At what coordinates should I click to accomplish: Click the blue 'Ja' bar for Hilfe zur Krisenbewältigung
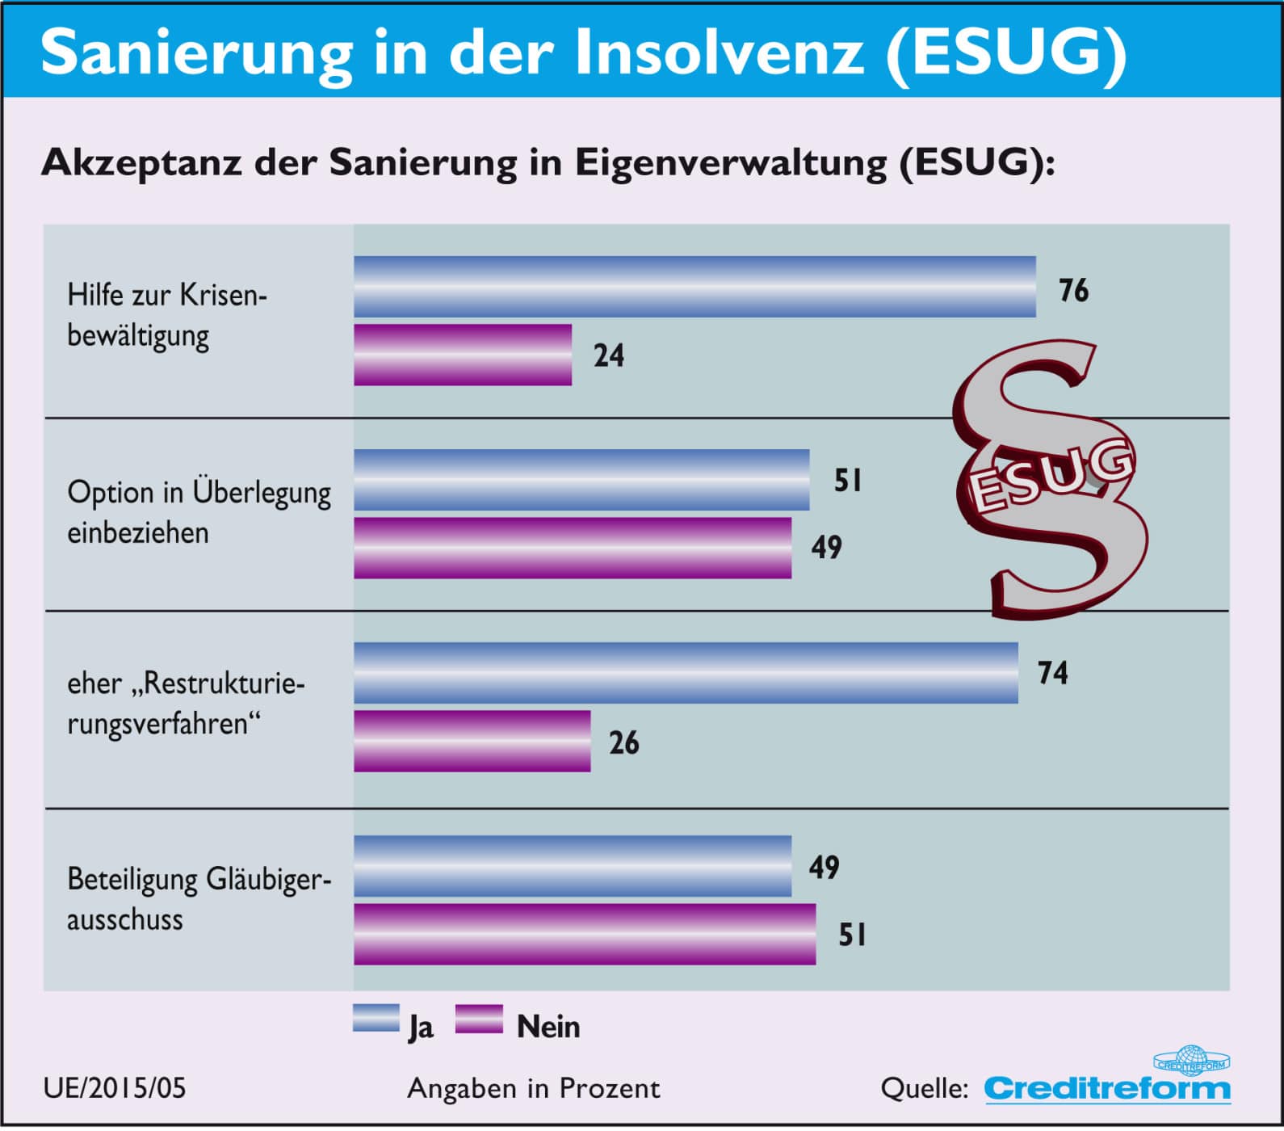pyautogui.click(x=694, y=287)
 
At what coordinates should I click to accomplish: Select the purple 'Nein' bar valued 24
pyautogui.click(x=463, y=355)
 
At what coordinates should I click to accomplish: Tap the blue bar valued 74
pyautogui.click(x=686, y=673)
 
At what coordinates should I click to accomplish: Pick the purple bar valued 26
pyautogui.click(x=472, y=741)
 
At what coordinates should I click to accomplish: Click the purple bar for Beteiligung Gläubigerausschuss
pyautogui.click(x=585, y=934)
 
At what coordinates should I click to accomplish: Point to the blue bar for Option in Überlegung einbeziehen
pyautogui.click(x=581, y=480)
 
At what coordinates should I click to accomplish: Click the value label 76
pyautogui.click(x=1073, y=290)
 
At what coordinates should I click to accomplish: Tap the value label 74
pyautogui.click(x=1052, y=673)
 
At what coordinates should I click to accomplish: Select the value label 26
pyautogui.click(x=623, y=742)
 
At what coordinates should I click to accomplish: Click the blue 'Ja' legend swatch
pyautogui.click(x=376, y=1019)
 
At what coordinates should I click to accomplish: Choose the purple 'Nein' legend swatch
pyautogui.click(x=479, y=1019)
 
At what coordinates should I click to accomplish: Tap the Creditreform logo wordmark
pyautogui.click(x=1106, y=1088)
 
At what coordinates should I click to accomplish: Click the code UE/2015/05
pyautogui.click(x=115, y=1088)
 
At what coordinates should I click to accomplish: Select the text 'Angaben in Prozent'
pyautogui.click(x=534, y=1088)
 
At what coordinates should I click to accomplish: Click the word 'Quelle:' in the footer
pyautogui.click(x=924, y=1088)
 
